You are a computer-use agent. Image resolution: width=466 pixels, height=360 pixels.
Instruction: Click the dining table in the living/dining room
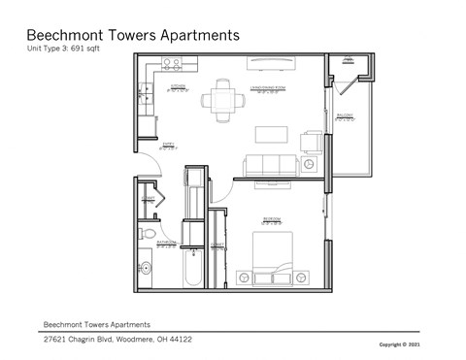coord(223,99)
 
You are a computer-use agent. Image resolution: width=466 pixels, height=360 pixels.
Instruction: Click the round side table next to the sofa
coord(309,166)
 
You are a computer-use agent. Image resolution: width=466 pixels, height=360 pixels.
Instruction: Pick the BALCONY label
coord(344,115)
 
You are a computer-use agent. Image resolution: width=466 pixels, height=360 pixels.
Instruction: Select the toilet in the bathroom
coord(148,234)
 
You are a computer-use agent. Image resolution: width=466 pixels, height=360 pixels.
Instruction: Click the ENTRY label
coord(166,147)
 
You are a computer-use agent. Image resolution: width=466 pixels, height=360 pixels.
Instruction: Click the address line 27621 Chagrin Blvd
coord(117,340)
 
